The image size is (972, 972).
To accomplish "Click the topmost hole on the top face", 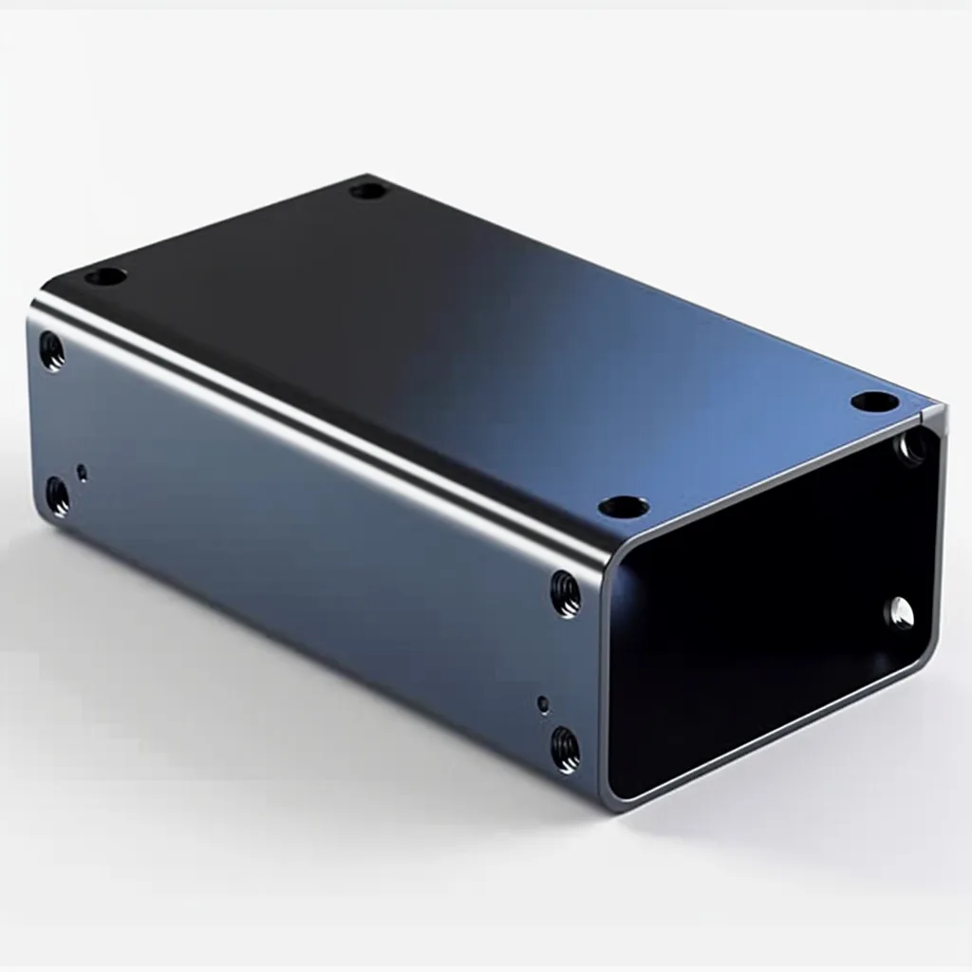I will [x=368, y=191].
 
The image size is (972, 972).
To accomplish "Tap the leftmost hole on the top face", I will [x=105, y=277].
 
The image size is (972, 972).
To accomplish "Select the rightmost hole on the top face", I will [x=873, y=402].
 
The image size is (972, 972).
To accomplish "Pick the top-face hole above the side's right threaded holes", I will [x=624, y=507].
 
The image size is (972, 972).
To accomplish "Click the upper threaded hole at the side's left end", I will [x=52, y=351].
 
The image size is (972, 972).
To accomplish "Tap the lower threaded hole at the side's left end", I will [x=58, y=496].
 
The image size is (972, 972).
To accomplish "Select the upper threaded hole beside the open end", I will [x=565, y=594].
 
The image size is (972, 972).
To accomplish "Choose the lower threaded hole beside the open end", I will [x=566, y=749].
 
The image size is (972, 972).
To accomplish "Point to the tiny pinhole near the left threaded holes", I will [x=83, y=472].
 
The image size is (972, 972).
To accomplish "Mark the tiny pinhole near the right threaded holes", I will [x=543, y=704].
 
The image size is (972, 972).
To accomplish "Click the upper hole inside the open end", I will [x=913, y=446].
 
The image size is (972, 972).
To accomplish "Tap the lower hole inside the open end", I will [x=900, y=614].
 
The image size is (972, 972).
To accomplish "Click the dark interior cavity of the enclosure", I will [x=759, y=607].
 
